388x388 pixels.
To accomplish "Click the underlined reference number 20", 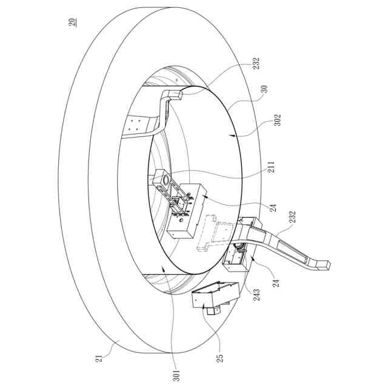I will click(73, 22).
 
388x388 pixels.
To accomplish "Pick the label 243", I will click(257, 295).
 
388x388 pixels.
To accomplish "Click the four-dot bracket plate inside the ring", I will click(139, 127).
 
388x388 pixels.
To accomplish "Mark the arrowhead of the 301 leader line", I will click(164, 267).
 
